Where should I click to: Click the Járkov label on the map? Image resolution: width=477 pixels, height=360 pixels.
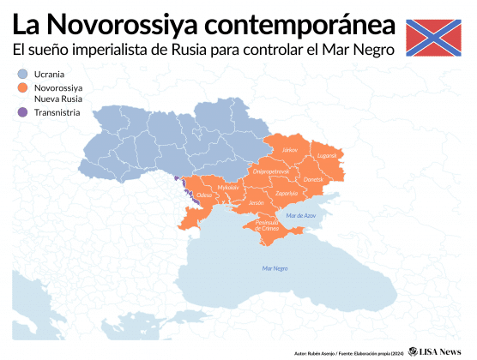click(290, 150)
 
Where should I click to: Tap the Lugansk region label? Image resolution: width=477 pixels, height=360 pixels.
click(327, 156)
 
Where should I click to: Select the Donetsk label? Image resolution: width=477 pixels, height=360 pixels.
click(314, 179)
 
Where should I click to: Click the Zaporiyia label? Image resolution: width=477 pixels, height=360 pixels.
click(287, 194)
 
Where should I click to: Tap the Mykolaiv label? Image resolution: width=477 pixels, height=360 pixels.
click(227, 187)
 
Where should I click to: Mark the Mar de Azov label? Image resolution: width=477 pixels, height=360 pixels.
click(301, 215)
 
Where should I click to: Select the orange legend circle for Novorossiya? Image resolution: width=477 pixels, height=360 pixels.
click(22, 87)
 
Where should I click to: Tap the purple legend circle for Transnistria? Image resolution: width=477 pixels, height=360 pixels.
click(22, 112)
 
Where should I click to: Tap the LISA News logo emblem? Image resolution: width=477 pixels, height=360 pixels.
click(414, 351)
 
